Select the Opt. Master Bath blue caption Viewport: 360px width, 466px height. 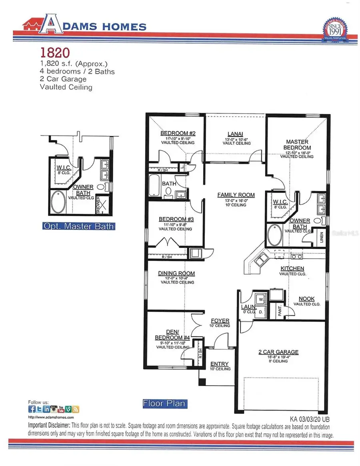tap(78, 227)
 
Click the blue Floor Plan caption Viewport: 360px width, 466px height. tap(164, 404)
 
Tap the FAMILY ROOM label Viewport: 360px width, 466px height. tap(236, 195)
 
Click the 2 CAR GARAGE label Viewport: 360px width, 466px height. tap(278, 352)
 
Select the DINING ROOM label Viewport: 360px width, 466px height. tap(176, 274)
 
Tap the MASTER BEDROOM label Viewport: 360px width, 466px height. tap(297, 145)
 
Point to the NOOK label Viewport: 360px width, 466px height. tap(307, 299)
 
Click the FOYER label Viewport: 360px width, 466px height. tap(220, 321)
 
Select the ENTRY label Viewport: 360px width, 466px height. tap(220, 364)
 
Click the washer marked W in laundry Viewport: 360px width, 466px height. tap(261, 299)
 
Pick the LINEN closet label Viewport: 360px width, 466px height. tap(321, 237)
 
